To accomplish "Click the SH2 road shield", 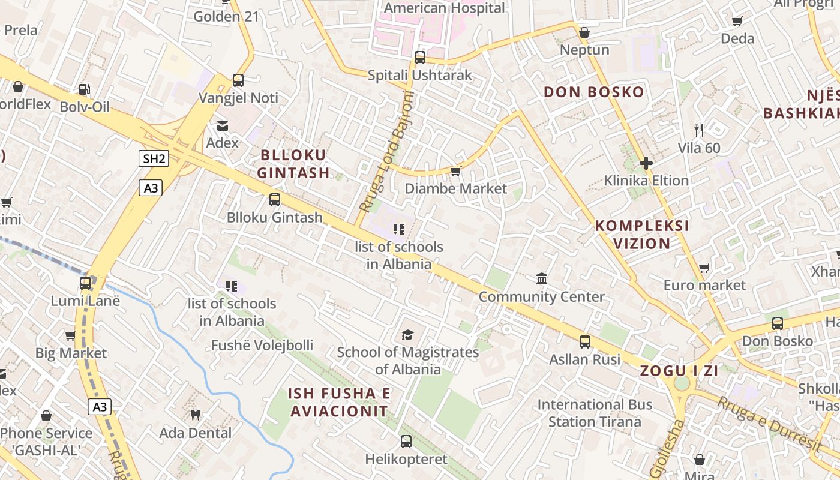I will [x=154, y=159].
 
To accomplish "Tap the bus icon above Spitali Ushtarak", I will [x=420, y=58].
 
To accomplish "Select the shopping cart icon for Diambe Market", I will [x=456, y=172].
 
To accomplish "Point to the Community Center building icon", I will [x=542, y=279].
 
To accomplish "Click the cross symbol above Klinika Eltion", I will [x=646, y=163].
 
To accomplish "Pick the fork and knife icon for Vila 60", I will [x=698, y=130].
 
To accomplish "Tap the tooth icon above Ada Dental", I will [x=195, y=415].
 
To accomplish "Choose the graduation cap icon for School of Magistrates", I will [x=408, y=335].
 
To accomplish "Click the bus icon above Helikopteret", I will [x=406, y=442].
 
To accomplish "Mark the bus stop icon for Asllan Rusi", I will [x=585, y=342].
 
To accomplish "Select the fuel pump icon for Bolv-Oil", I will [x=85, y=89].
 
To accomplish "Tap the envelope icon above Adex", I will [x=223, y=125].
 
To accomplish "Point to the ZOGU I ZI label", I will [x=679, y=371].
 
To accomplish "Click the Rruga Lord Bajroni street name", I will [x=387, y=153].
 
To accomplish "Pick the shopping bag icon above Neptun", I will [x=584, y=32].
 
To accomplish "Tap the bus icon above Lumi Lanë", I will [x=85, y=283].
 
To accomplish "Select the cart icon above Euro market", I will [x=704, y=268].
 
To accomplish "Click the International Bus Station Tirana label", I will [x=595, y=413].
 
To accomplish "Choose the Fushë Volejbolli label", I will [x=262, y=346].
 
